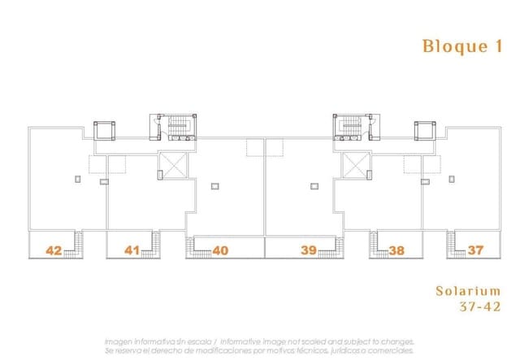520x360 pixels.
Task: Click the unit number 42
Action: tap(54, 250)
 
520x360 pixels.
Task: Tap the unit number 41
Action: tap(132, 250)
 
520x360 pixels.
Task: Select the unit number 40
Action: tap(219, 250)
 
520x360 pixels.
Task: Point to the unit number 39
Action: tap(308, 250)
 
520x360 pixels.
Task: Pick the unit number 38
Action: tap(396, 250)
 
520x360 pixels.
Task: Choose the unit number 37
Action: tap(475, 250)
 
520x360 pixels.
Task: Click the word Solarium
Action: tap(467, 290)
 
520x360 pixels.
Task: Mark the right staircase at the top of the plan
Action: tap(351, 127)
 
